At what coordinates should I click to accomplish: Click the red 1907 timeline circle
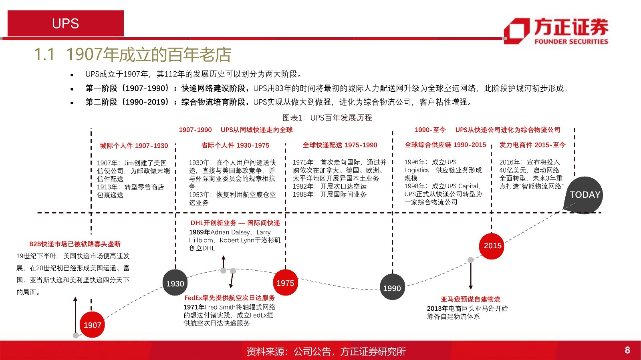(92, 325)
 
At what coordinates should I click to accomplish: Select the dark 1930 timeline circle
(175, 283)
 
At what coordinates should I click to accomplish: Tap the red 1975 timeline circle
(285, 283)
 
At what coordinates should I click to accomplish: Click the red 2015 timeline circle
(492, 245)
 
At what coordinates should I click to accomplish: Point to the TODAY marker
(585, 195)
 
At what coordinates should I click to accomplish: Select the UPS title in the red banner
(65, 24)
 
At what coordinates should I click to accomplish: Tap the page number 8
(627, 350)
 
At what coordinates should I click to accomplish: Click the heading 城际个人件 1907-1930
(134, 146)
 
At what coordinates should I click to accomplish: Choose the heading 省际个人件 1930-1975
(235, 145)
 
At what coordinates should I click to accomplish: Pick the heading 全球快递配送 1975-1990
(340, 145)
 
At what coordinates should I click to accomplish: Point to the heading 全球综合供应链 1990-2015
(445, 145)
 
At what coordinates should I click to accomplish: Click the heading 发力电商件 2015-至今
(532, 145)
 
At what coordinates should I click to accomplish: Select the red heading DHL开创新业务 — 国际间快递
(235, 223)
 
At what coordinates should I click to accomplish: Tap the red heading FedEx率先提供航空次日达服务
(230, 298)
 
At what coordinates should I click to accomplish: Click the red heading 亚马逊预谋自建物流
(470, 299)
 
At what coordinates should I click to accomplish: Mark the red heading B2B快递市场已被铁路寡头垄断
(75, 244)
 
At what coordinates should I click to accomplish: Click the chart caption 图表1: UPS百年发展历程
(327, 118)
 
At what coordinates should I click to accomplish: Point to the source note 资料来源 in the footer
(326, 351)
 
